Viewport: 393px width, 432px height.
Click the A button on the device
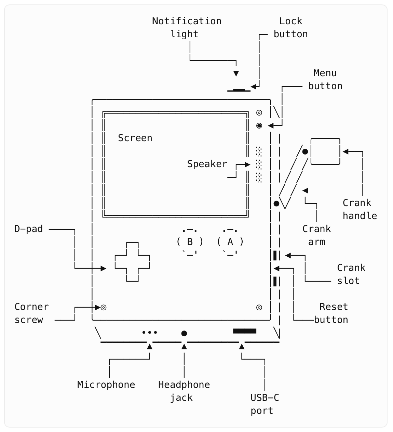(x=230, y=242)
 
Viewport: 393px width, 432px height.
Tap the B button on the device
(x=190, y=242)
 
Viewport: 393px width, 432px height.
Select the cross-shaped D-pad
(x=133, y=262)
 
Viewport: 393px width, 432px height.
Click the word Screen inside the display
(x=135, y=138)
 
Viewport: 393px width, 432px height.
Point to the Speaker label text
(x=207, y=164)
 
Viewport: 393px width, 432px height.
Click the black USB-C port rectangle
(x=245, y=331)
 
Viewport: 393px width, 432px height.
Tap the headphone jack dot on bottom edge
(x=184, y=333)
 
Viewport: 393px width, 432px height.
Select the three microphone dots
(x=150, y=332)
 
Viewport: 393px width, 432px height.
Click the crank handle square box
(x=325, y=151)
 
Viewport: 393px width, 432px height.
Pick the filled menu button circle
(x=259, y=126)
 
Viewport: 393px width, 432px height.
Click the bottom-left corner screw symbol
(x=104, y=308)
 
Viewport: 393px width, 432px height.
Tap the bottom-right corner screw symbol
(x=259, y=308)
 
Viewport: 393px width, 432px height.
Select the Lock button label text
(x=290, y=27)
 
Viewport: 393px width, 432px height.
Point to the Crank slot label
(x=351, y=274)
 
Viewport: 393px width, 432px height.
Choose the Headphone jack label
(x=184, y=391)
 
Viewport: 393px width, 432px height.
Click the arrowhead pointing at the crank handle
(x=345, y=151)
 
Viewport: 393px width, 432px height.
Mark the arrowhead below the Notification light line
(x=236, y=73)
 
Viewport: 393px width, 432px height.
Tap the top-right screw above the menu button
(x=259, y=113)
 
